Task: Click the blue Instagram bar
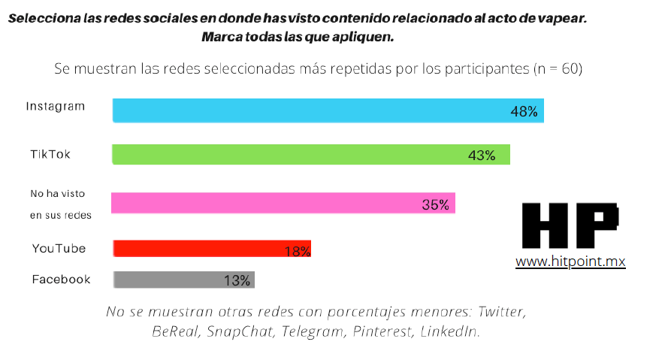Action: point(328,110)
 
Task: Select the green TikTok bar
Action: point(311,154)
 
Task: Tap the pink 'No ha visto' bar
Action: point(283,204)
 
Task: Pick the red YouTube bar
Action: point(211,249)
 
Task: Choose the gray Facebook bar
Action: point(183,280)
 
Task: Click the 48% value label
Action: point(524,111)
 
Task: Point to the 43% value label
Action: point(482,156)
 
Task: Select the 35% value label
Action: point(435,204)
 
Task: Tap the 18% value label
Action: point(298,251)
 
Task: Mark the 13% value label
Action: point(237,281)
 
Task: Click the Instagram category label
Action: point(56,106)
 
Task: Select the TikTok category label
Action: point(50,153)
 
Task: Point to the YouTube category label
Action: point(59,249)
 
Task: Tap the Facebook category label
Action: point(61,280)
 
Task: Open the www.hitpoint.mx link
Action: point(570,262)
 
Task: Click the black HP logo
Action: point(570,225)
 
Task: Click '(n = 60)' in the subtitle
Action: point(558,68)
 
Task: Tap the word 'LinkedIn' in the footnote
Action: point(450,331)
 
